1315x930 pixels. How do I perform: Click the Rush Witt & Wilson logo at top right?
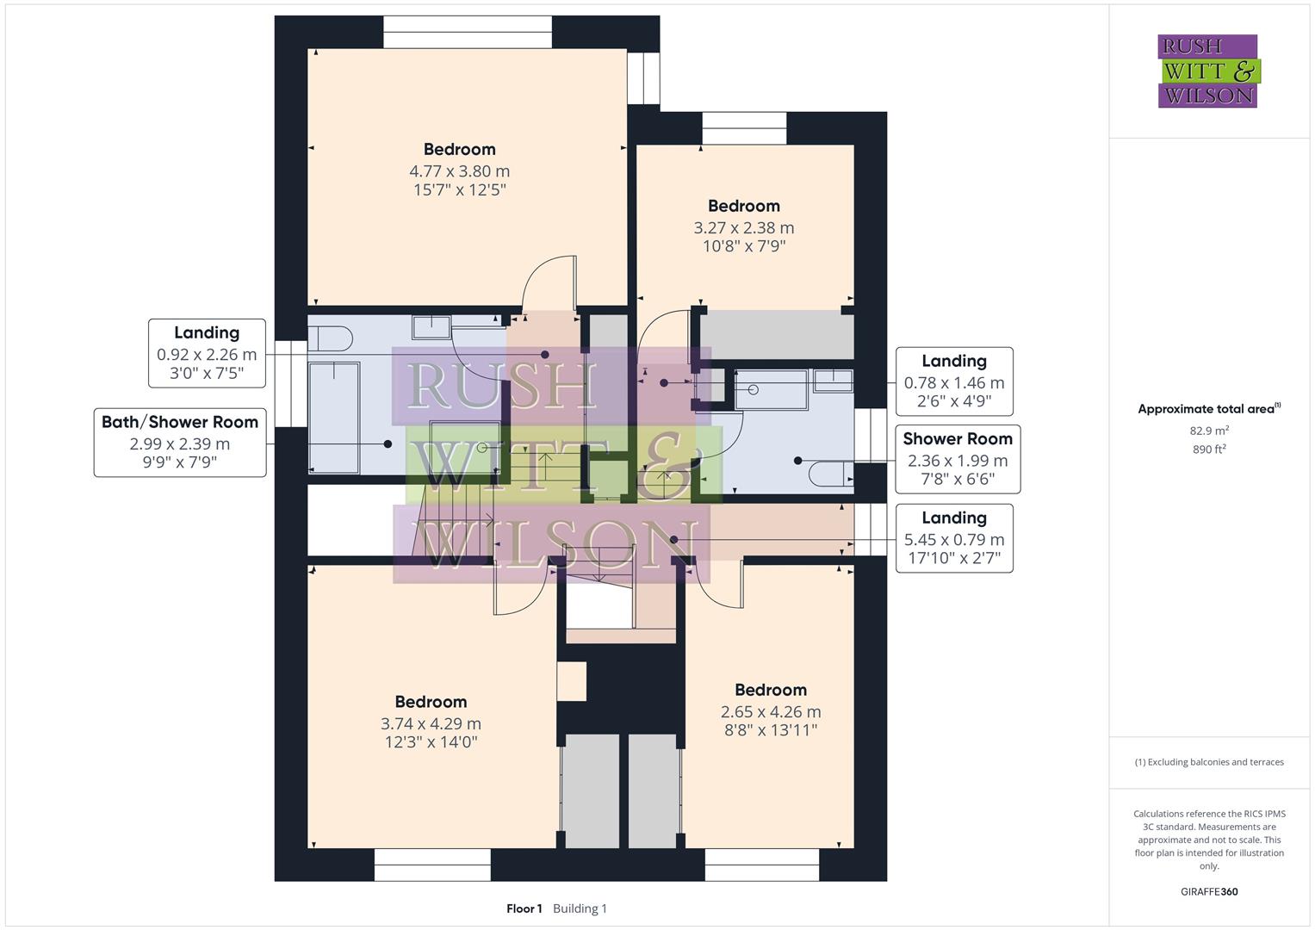pyautogui.click(x=1207, y=71)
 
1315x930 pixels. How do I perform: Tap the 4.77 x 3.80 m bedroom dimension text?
pyautogui.click(x=459, y=171)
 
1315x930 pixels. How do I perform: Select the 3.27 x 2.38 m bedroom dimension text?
pyautogui.click(x=744, y=228)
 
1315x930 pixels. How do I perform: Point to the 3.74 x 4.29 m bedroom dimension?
pyautogui.click(x=431, y=724)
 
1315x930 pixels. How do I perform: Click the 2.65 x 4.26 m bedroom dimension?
pyautogui.click(x=770, y=712)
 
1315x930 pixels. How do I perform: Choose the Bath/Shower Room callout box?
pyautogui.click(x=180, y=443)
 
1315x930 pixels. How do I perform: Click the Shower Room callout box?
pyautogui.click(x=957, y=459)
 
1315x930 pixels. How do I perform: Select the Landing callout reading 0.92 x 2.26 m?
pyautogui.click(x=207, y=353)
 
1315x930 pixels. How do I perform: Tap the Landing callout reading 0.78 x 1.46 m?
pyautogui.click(x=953, y=381)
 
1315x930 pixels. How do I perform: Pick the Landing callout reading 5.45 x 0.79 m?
pyautogui.click(x=953, y=538)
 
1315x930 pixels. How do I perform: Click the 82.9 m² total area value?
pyautogui.click(x=1209, y=431)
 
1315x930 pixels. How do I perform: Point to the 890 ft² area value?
pyautogui.click(x=1209, y=449)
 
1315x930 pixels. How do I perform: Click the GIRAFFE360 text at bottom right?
pyautogui.click(x=1209, y=891)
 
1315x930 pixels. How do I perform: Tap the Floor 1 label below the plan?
pyautogui.click(x=524, y=908)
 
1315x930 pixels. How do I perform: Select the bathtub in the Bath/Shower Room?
pyautogui.click(x=334, y=417)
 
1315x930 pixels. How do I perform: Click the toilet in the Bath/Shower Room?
pyautogui.click(x=330, y=338)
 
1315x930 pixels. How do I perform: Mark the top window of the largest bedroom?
pyautogui.click(x=467, y=32)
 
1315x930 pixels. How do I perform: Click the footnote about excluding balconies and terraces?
pyautogui.click(x=1209, y=762)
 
